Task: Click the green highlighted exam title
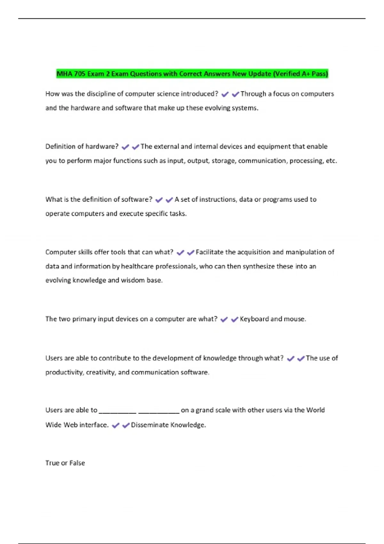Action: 192,74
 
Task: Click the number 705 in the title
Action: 80,74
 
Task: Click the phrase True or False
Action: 65,463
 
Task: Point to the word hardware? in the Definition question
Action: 102,147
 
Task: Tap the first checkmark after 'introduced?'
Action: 225,94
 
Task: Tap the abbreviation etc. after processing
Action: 331,161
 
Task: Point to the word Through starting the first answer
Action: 253,94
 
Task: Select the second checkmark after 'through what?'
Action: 301,359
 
